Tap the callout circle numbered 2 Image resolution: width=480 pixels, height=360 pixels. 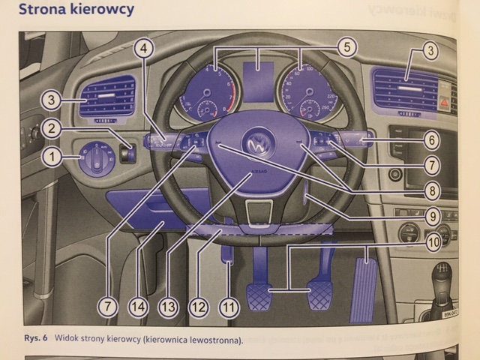point(52,128)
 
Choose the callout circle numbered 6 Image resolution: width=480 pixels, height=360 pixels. point(430,139)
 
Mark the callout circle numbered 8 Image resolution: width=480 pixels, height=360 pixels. point(430,190)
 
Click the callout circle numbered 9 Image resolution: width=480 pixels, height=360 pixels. point(430,216)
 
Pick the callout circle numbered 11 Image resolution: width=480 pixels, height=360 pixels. point(229,306)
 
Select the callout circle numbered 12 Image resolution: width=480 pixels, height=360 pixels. point(198,306)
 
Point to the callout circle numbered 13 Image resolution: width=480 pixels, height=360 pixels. point(168,306)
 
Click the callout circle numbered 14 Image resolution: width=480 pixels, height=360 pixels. point(139,306)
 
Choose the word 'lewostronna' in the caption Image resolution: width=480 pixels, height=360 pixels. point(214,339)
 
